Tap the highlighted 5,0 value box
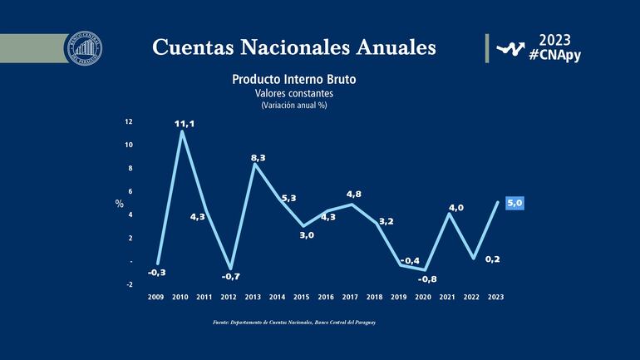point(513,203)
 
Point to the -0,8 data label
point(427,279)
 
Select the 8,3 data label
point(258,157)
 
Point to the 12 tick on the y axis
point(128,121)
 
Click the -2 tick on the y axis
point(128,284)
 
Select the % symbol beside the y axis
point(119,204)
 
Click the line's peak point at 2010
point(181,131)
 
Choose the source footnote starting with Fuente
point(294,323)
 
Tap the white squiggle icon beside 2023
point(510,48)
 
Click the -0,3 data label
point(156,273)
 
